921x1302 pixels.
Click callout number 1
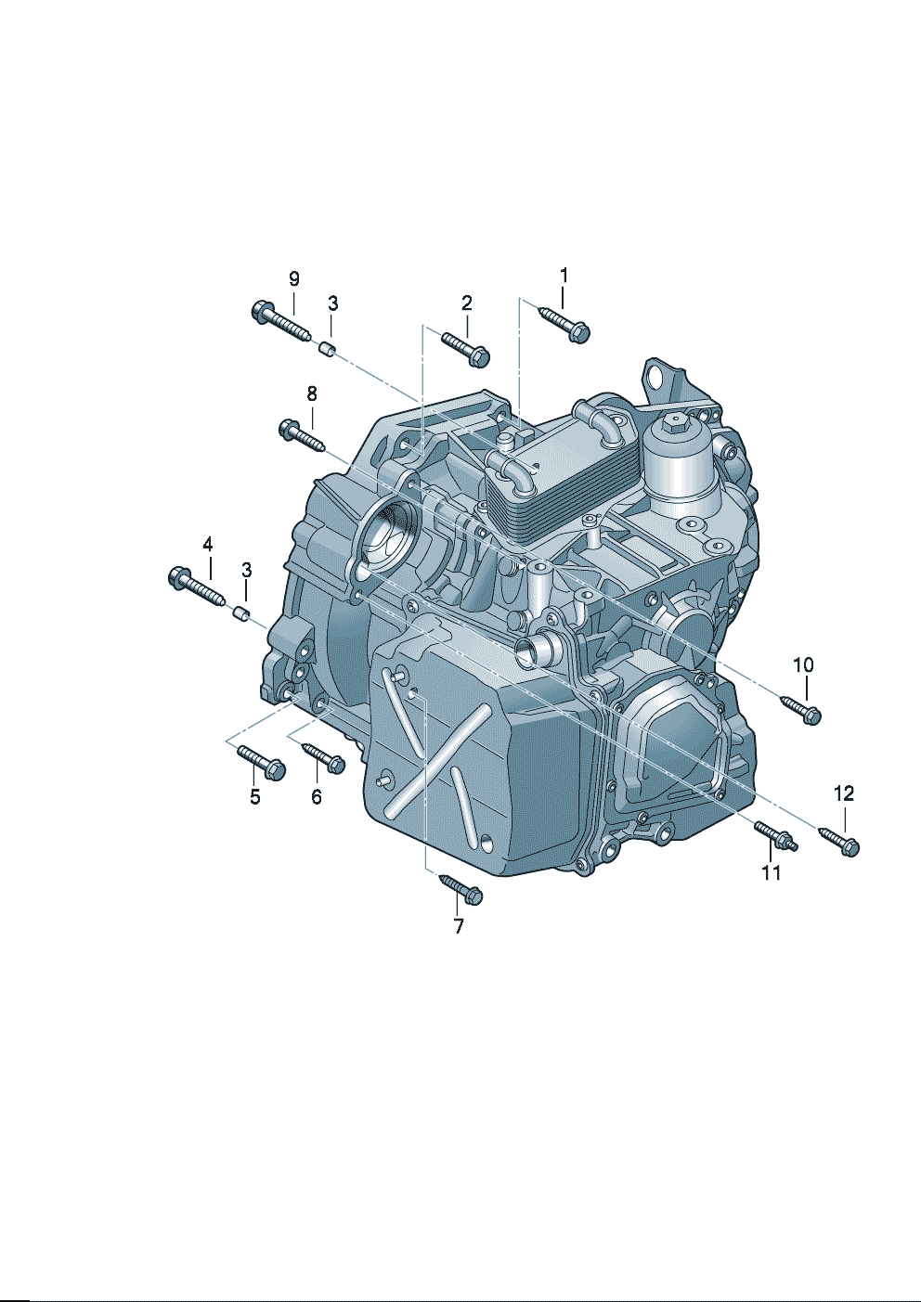click(564, 276)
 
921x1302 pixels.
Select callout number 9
click(294, 279)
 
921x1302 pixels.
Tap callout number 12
click(844, 793)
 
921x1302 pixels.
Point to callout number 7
click(459, 926)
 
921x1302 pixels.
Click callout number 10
click(804, 664)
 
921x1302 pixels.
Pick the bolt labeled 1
click(564, 324)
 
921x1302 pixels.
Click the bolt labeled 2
click(466, 349)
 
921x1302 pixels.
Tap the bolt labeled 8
click(303, 435)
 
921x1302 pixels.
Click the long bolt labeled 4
click(197, 586)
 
